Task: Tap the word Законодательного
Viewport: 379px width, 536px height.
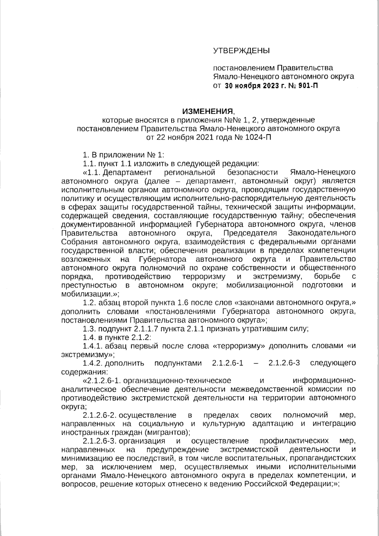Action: (x=322, y=233)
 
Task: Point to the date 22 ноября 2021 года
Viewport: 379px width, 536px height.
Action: (x=189, y=137)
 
